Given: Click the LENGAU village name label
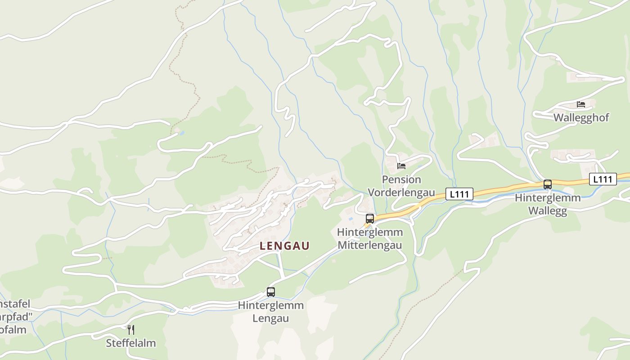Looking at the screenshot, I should click(x=284, y=246).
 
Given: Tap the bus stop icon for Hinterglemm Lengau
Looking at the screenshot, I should click(x=271, y=292).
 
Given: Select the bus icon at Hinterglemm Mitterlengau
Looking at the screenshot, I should click(x=370, y=219).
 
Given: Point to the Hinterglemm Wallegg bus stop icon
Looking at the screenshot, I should click(x=548, y=184).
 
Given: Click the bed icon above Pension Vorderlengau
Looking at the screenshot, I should click(x=401, y=166).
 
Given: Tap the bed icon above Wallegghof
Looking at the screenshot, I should click(x=581, y=104).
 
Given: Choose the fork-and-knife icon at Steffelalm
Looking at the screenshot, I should click(x=130, y=329).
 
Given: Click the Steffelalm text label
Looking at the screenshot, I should click(x=131, y=343).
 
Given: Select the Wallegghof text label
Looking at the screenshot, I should click(x=581, y=118).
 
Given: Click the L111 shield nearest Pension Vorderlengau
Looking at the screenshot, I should click(x=459, y=194).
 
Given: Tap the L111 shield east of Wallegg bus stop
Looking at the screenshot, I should click(x=603, y=179).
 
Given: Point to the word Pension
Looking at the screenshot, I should click(x=401, y=180).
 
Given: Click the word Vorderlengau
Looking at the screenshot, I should click(x=401, y=193).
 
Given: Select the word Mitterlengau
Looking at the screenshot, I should click(x=370, y=245).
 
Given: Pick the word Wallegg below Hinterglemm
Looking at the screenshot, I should click(x=548, y=211).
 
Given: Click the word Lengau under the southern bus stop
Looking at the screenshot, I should click(x=271, y=318).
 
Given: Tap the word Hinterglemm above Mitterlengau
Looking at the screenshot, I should click(x=370, y=233).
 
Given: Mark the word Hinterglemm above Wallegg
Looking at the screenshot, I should click(x=548, y=198).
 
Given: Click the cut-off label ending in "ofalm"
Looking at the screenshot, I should click(x=13, y=329).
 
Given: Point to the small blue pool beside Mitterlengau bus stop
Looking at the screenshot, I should click(x=351, y=219).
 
